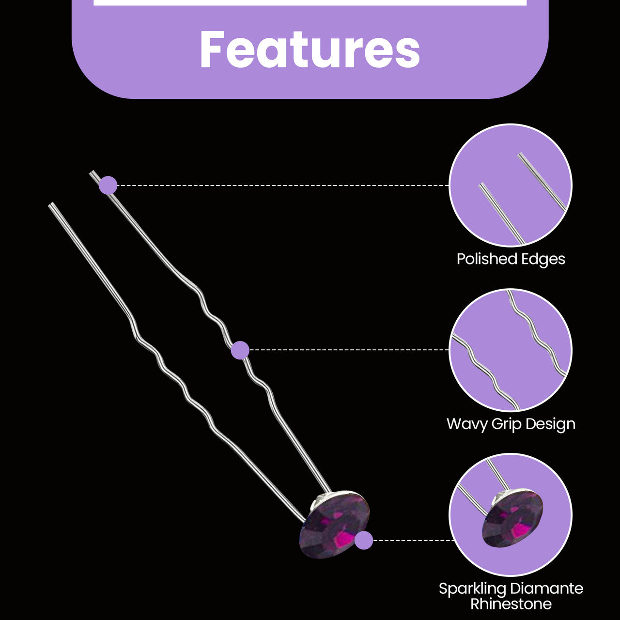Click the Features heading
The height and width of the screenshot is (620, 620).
[x=310, y=49]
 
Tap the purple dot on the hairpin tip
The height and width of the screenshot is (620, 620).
[x=108, y=186]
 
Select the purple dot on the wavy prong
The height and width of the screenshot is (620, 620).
[x=240, y=350]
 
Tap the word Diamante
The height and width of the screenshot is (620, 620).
[x=547, y=589]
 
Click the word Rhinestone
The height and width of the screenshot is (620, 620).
[x=511, y=604]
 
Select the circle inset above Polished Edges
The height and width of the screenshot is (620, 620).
[x=511, y=186]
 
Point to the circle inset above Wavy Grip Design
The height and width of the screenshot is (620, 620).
[x=511, y=350]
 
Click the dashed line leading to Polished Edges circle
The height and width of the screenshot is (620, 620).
[x=283, y=186]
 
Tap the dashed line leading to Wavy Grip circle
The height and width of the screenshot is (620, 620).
[x=349, y=350]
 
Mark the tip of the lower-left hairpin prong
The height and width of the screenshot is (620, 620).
[x=50, y=203]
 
